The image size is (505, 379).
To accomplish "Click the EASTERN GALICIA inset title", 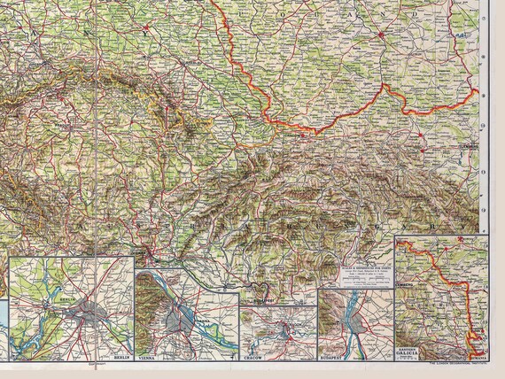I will coord(410,356).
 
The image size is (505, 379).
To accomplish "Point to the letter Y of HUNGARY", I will coord(431,227).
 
